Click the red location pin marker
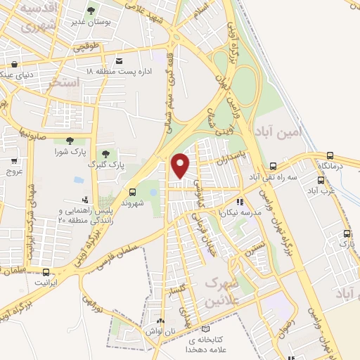click(x=181, y=165)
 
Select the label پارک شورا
click(x=69, y=151)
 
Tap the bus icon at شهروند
click(x=133, y=191)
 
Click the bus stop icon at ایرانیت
click(x=46, y=272)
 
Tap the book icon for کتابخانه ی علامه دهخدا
click(x=205, y=328)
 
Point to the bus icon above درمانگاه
click(x=330, y=155)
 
